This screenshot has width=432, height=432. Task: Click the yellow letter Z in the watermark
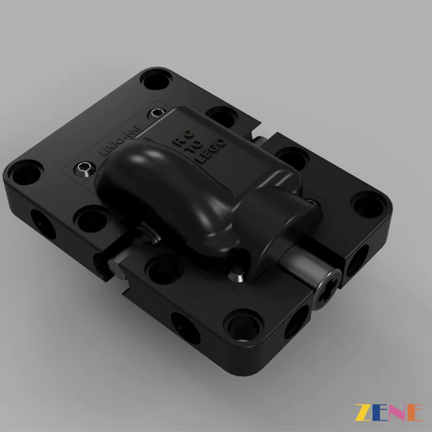[361, 412]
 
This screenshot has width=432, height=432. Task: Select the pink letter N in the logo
[397, 412]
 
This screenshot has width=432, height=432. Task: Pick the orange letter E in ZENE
[414, 412]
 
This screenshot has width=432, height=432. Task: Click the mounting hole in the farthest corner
[154, 80]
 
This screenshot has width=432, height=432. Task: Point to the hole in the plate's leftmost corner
[27, 171]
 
